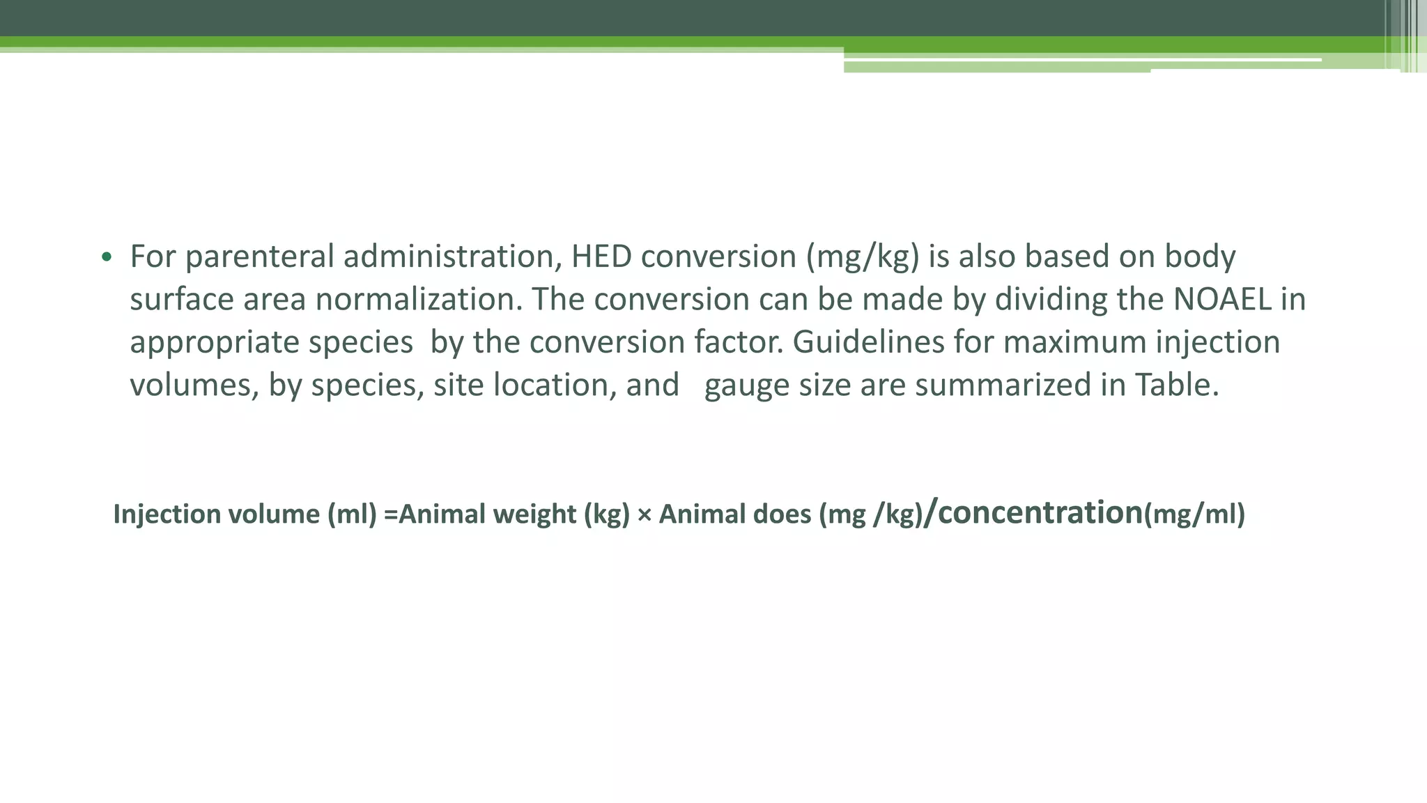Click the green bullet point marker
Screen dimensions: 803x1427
pyautogui.click(x=106, y=257)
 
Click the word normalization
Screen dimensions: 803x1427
pyautogui.click(x=418, y=300)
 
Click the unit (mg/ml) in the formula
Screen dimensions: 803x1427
pyautogui.click(x=1194, y=514)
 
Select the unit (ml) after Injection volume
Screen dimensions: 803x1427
pyautogui.click(x=352, y=514)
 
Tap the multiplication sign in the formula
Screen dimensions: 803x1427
pyautogui.click(x=644, y=515)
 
